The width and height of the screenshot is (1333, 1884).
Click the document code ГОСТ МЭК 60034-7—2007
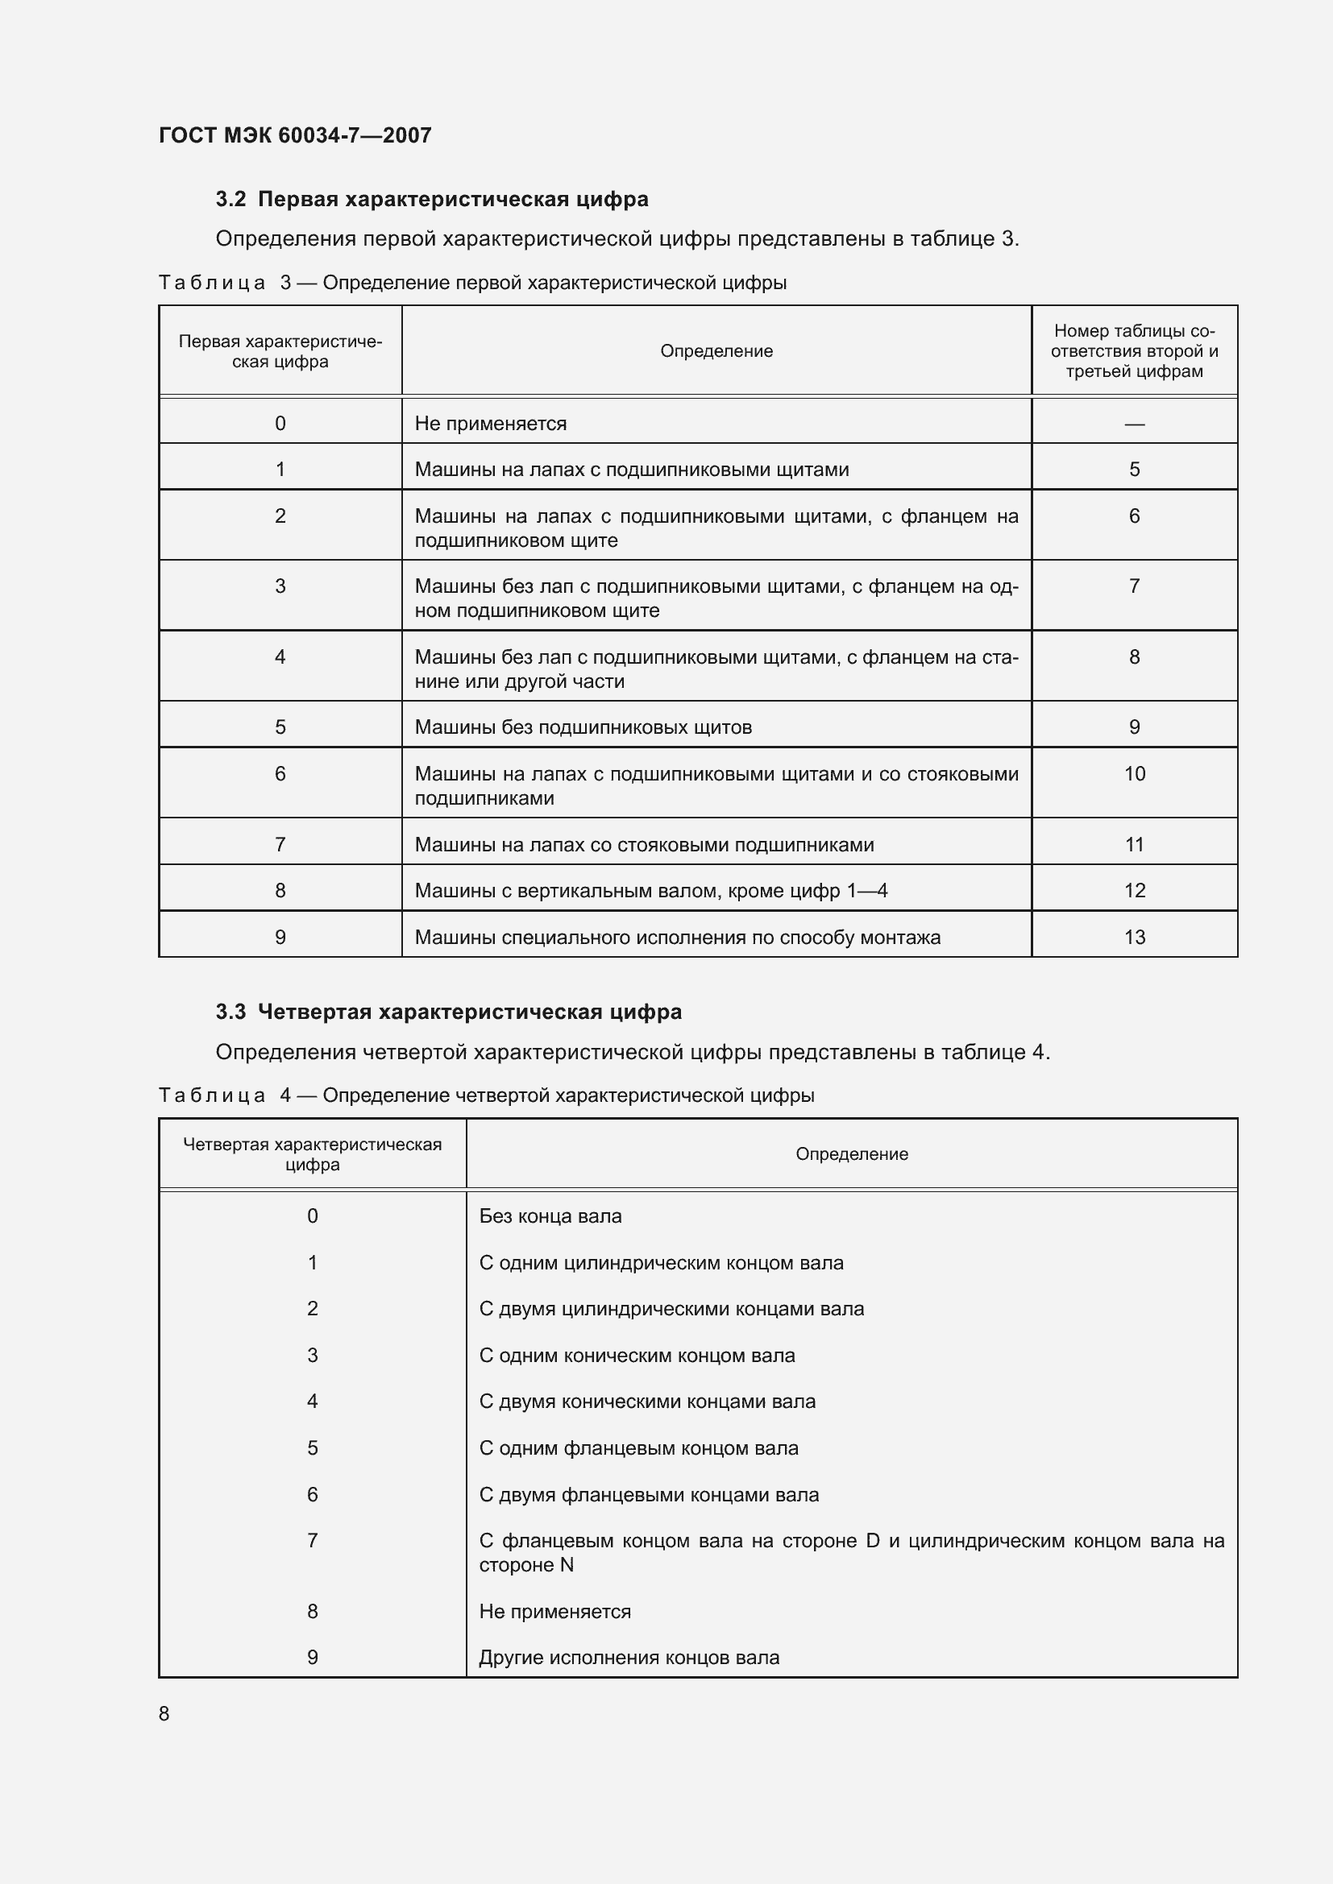[295, 135]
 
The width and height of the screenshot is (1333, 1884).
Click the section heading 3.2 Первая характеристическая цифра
[432, 200]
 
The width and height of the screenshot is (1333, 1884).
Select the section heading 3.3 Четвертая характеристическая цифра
[448, 1012]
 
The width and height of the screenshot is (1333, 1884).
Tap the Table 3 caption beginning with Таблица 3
[472, 283]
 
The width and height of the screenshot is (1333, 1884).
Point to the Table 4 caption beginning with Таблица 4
[486, 1095]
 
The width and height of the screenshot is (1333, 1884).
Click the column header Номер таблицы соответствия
[1134, 351]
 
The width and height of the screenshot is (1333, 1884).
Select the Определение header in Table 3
[716, 351]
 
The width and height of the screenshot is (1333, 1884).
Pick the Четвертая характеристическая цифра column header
[312, 1153]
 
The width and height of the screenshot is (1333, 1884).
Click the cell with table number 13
[1134, 937]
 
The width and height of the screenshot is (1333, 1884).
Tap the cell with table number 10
[1134, 774]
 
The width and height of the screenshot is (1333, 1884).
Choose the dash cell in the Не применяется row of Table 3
[1134, 424]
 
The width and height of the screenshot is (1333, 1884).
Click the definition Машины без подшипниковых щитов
[583, 727]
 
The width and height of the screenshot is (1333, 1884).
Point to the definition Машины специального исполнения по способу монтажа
[677, 937]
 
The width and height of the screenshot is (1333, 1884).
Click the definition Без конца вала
[550, 1216]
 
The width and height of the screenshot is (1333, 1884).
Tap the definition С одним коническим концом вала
[637, 1356]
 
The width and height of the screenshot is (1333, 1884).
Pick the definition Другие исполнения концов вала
[629, 1658]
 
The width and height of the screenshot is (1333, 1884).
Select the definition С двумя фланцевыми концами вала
[649, 1495]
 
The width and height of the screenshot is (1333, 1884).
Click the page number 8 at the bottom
[164, 1713]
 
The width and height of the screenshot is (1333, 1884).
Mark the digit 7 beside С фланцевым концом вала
[312, 1541]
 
